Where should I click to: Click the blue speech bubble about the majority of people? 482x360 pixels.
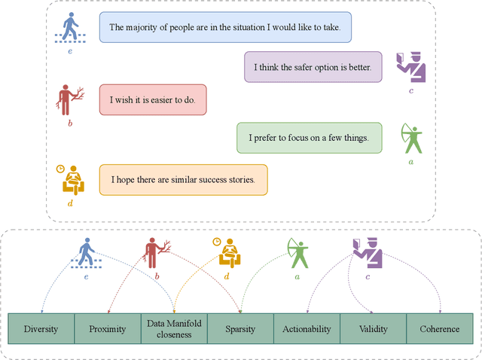click(226, 27)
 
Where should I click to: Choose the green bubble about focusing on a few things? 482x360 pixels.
click(308, 138)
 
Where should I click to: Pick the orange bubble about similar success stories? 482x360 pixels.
click(183, 180)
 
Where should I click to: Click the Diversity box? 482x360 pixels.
click(41, 329)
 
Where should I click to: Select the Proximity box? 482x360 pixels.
click(107, 329)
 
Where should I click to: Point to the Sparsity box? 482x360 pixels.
click(240, 329)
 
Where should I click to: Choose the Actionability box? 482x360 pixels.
click(307, 329)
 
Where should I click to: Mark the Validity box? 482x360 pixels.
click(373, 329)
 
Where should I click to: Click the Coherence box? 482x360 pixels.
click(439, 329)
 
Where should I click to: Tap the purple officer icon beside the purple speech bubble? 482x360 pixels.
click(412, 67)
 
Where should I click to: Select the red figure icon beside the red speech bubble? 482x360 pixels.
click(70, 99)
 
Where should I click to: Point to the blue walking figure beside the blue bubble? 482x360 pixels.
click(70, 29)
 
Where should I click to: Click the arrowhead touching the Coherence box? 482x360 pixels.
click(440, 311)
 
